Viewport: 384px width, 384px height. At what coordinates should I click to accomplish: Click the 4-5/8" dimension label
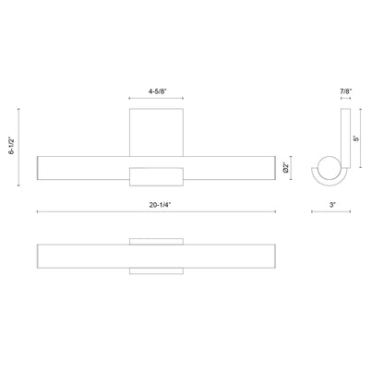(x=157, y=91)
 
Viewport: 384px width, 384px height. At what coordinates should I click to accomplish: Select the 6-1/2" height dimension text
(x=12, y=146)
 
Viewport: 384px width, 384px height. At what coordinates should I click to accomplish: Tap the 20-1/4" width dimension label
(x=160, y=205)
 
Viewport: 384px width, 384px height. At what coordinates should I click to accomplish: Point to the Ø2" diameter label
(x=286, y=168)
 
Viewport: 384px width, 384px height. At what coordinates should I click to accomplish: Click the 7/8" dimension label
(x=346, y=91)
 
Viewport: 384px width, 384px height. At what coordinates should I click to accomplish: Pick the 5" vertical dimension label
(x=356, y=138)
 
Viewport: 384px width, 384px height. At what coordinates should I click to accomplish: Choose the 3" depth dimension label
(x=332, y=205)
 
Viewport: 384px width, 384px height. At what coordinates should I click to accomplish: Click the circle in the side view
(x=329, y=168)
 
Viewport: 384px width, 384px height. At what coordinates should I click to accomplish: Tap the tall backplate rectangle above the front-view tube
(x=156, y=132)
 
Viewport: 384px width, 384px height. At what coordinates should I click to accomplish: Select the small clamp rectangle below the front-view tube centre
(x=156, y=177)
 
